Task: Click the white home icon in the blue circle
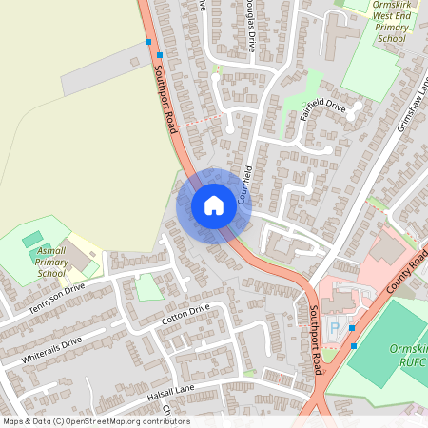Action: pos(214,204)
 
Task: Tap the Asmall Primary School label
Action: pos(51,261)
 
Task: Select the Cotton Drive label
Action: pos(185,316)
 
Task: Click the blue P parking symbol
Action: pos(333,328)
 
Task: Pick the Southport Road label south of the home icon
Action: pos(317,338)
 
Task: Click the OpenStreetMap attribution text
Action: pos(95,421)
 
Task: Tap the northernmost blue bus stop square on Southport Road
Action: pos(147,42)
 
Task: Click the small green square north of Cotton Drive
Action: pos(148,286)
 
